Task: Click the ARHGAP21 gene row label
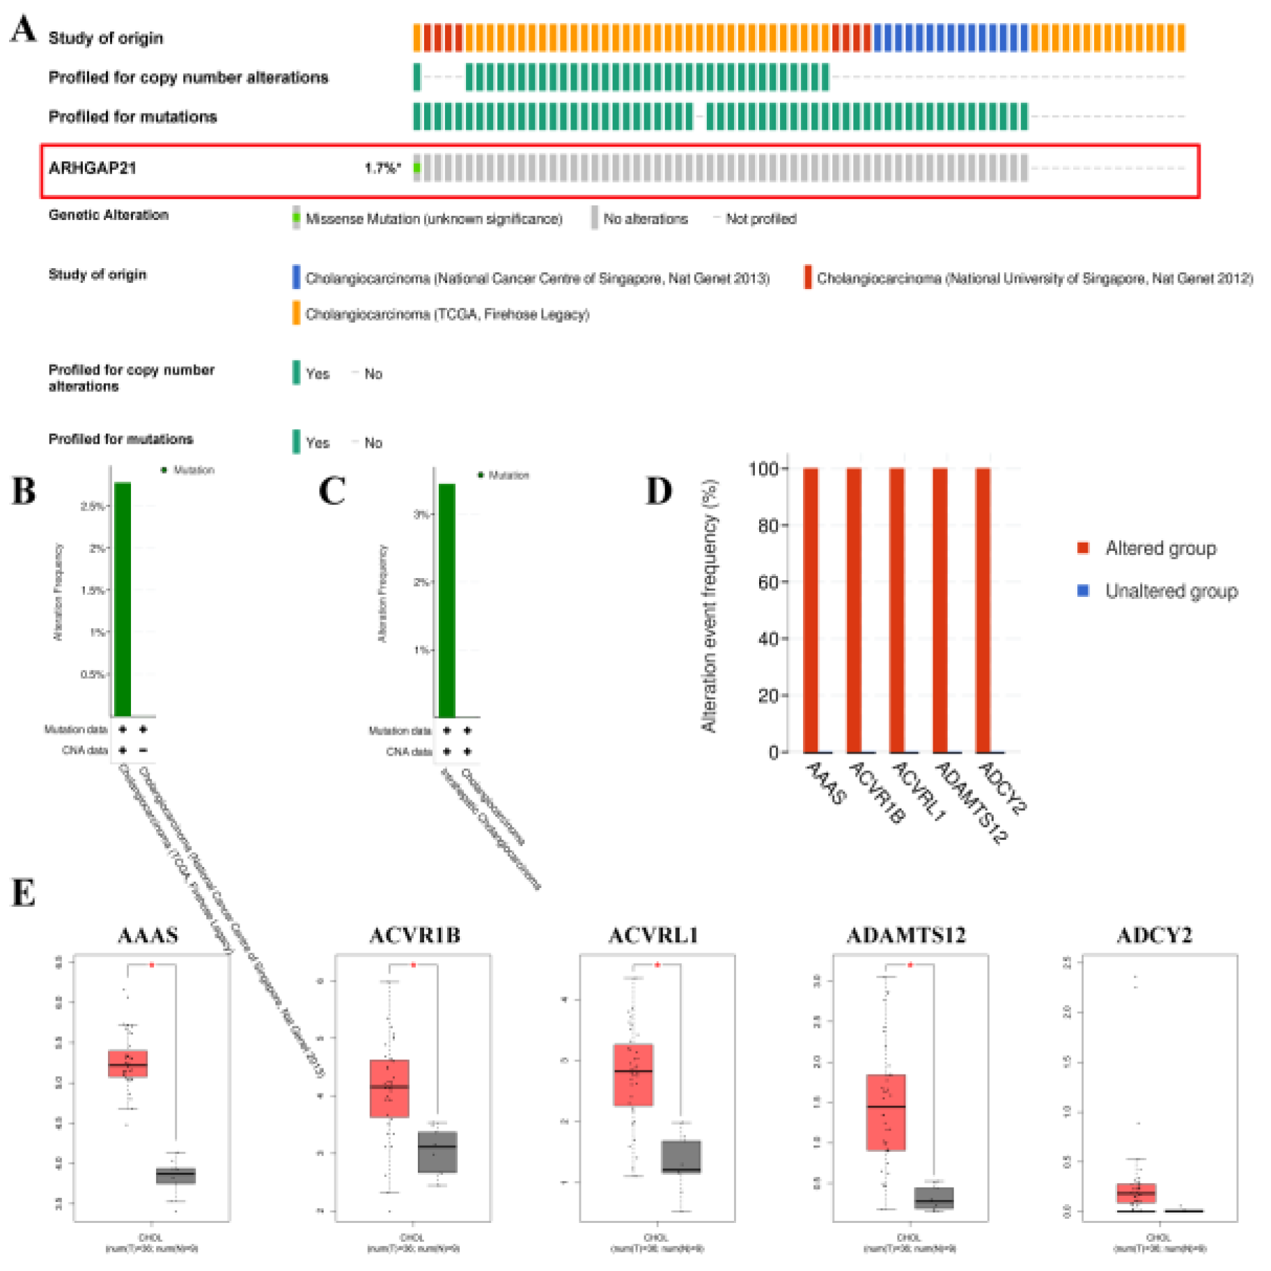92,168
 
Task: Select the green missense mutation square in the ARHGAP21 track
416,168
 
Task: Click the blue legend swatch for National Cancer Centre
296,276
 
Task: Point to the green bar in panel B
123,599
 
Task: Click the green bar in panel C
446,600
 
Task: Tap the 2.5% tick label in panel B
92,506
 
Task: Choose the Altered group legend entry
1160,549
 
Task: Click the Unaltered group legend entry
1171,591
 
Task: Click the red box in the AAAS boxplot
128,1063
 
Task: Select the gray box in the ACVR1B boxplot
437,1152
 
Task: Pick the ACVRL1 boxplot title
653,935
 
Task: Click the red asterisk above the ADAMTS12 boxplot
910,965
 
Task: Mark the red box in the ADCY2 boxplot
1136,1193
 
